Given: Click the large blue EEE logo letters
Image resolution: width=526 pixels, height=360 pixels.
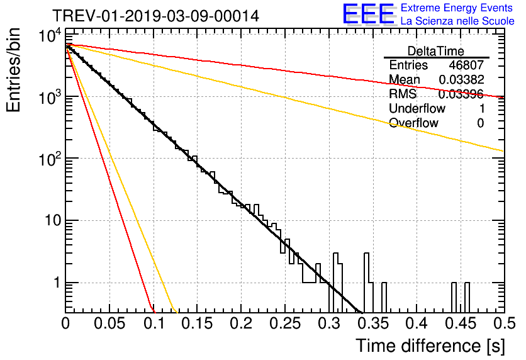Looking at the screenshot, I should [x=369, y=15].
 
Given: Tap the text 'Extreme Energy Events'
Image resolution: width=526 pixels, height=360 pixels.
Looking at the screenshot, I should [x=457, y=9].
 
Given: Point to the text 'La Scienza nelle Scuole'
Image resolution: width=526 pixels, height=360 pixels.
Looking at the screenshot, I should [x=457, y=21].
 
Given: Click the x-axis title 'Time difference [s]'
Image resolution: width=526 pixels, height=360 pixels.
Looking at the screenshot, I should [x=430, y=346].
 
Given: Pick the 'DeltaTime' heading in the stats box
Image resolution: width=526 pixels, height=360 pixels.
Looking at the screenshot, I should [x=436, y=50].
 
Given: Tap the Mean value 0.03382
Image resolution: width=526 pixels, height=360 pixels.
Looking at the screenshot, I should [x=461, y=80].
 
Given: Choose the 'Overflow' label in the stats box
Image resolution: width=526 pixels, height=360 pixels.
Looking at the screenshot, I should [x=413, y=123].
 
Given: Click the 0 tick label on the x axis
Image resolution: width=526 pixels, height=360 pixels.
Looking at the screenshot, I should [x=66, y=324].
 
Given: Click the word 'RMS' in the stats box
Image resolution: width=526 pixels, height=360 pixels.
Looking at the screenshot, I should [x=403, y=94].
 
